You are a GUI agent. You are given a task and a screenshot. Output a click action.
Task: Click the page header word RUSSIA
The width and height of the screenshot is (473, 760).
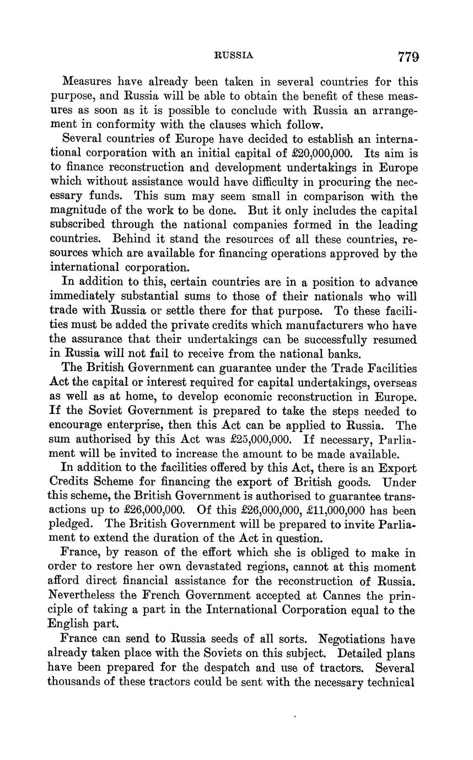coord(233,55)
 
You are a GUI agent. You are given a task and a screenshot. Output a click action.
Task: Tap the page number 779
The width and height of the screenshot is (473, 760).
coord(408,56)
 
